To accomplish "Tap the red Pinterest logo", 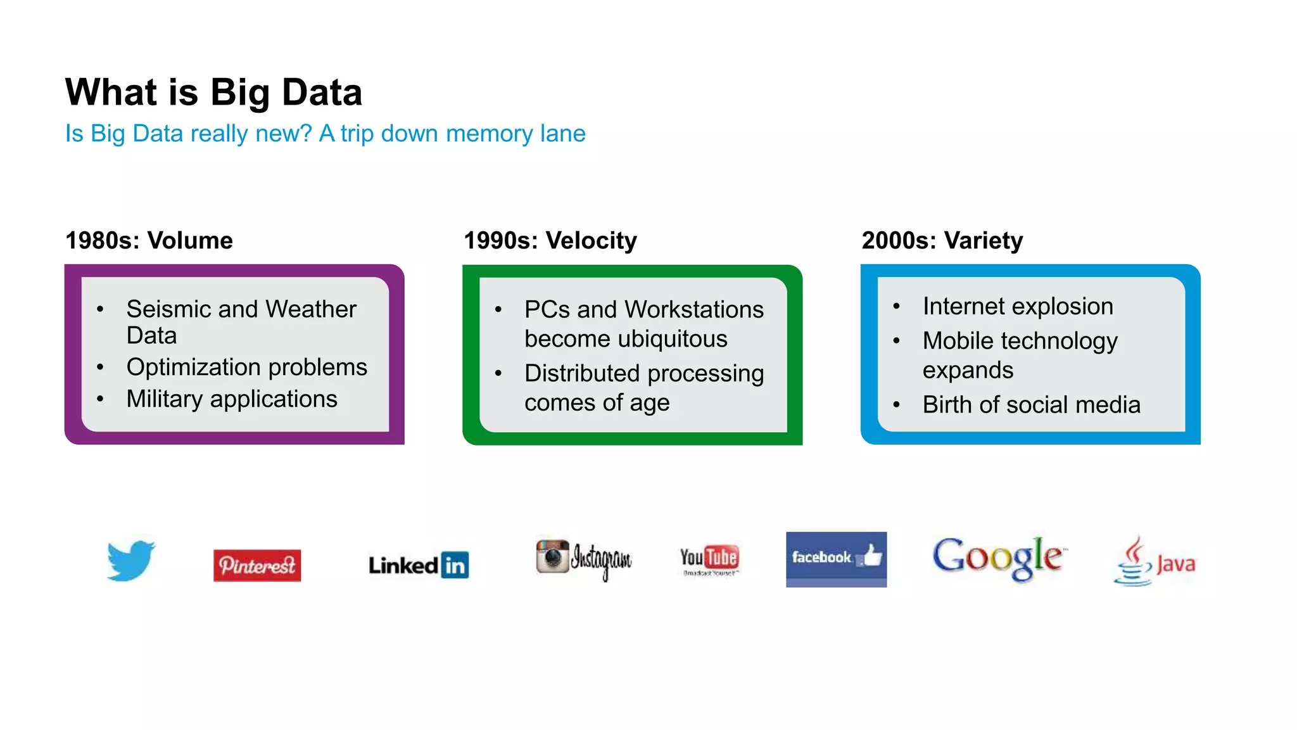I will (257, 565).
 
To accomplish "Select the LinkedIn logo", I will (419, 565).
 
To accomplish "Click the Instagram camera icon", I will (552, 556).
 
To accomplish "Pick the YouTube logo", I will (709, 559).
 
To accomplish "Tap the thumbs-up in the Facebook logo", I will (872, 556).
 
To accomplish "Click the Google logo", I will (999, 558).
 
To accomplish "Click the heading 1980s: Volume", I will (149, 241).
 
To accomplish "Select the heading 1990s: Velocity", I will (550, 241).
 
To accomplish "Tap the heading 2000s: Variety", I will (942, 241).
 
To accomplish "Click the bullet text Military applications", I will (232, 399).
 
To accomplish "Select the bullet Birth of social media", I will (1031, 404).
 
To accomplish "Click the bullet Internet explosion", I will (1017, 307).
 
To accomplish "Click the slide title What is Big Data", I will (213, 93).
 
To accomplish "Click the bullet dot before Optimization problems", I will (101, 368).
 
